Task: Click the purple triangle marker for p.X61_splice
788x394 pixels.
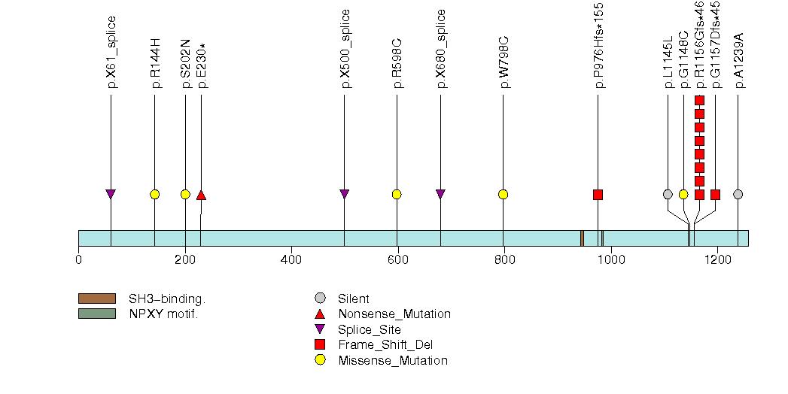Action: (x=111, y=194)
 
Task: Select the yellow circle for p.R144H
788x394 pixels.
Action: (x=155, y=194)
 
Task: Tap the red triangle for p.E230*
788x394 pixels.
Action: (x=201, y=194)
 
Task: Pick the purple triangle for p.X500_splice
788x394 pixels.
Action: (x=344, y=194)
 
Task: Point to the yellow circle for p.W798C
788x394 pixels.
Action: (x=503, y=194)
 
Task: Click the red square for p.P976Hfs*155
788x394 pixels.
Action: (x=598, y=194)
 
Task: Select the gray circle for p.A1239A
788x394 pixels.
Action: (x=738, y=194)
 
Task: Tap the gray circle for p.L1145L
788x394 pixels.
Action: (x=668, y=194)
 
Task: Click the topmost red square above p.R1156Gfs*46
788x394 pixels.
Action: (x=699, y=101)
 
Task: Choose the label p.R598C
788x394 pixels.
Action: (x=397, y=63)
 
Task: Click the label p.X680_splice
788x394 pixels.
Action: (x=441, y=49)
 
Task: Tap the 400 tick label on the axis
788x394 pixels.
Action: (x=291, y=259)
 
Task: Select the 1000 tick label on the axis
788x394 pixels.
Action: (x=611, y=259)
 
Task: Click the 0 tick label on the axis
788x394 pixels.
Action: (x=78, y=259)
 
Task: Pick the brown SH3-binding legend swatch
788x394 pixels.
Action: (x=97, y=299)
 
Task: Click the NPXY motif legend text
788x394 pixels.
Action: (x=164, y=314)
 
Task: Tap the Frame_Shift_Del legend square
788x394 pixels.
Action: (x=320, y=344)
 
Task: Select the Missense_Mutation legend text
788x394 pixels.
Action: (x=393, y=360)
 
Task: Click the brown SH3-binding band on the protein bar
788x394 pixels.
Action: (x=582, y=238)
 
